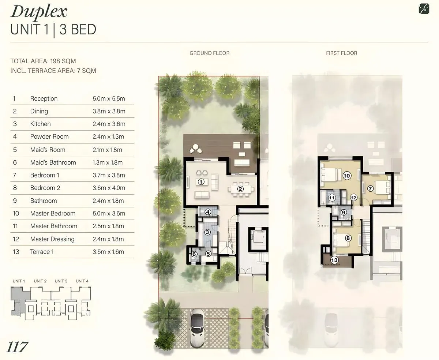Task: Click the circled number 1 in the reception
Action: [201, 182]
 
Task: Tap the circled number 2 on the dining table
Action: [240, 189]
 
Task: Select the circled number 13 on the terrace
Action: [334, 260]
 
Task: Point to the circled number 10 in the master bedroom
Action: [347, 176]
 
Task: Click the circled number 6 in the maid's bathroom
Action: [194, 254]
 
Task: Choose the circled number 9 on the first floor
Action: [344, 212]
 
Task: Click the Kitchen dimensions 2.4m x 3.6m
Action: [109, 124]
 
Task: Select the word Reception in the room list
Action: [44, 98]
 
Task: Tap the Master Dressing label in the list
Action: [52, 239]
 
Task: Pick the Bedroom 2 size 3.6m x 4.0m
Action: [109, 188]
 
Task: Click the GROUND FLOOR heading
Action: [209, 53]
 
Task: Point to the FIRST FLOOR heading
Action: [342, 53]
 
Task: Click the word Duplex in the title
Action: [39, 12]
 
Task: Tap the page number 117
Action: [17, 347]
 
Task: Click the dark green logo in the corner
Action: [424, 9]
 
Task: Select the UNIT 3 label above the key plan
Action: [61, 281]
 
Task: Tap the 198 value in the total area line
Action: [56, 61]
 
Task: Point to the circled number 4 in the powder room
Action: [208, 212]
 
